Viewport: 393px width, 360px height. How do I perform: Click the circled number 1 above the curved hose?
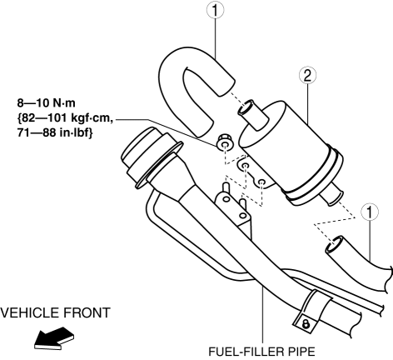[x=215, y=10]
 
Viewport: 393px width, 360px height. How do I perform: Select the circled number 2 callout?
[x=307, y=75]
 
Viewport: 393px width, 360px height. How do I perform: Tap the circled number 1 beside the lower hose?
[x=370, y=212]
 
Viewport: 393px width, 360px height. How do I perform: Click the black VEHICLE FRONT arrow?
[x=54, y=338]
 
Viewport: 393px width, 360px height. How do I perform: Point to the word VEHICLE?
[x=30, y=312]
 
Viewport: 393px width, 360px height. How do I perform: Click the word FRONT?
[x=87, y=312]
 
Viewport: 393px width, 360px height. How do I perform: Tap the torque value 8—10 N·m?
[x=46, y=103]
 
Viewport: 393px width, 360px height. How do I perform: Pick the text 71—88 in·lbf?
[x=55, y=133]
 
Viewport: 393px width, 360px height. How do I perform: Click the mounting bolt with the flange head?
[x=224, y=142]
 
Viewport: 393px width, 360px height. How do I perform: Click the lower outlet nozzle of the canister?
[x=332, y=195]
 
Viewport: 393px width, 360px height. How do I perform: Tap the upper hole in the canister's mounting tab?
[x=245, y=166]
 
